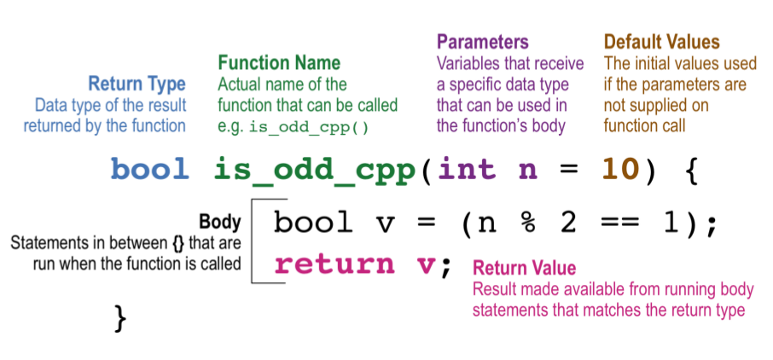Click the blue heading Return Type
click(137, 84)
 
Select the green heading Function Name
click(279, 62)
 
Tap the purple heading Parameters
click(483, 42)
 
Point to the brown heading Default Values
click(662, 42)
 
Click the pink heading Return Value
click(524, 268)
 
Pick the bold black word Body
click(220, 222)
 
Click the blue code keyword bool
click(150, 169)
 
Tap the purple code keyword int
click(467, 169)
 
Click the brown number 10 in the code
click(620, 170)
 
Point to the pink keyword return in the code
click(334, 265)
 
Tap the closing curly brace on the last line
click(120, 318)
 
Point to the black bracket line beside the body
click(252, 241)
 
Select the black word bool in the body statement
click(313, 223)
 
